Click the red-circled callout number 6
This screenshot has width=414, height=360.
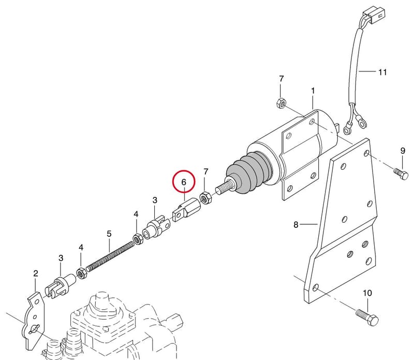point(184,182)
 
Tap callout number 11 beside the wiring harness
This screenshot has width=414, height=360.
point(382,72)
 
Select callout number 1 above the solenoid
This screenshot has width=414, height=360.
point(313,91)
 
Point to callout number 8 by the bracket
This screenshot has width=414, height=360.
point(296,225)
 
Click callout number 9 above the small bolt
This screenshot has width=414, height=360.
point(403,151)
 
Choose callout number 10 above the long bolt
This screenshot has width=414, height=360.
point(367,293)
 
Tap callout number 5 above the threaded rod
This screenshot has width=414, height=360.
point(109,234)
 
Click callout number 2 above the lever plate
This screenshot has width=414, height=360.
point(36,273)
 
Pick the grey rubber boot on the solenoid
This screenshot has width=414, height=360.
point(249,173)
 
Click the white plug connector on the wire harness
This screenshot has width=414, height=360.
point(374,15)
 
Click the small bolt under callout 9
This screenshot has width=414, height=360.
point(401,174)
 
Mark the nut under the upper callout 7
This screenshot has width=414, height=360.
point(280,103)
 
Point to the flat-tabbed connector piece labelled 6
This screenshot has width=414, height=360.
point(186,209)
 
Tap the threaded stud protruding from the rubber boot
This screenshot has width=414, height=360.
point(225,186)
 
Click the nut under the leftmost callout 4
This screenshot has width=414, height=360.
point(81,273)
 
